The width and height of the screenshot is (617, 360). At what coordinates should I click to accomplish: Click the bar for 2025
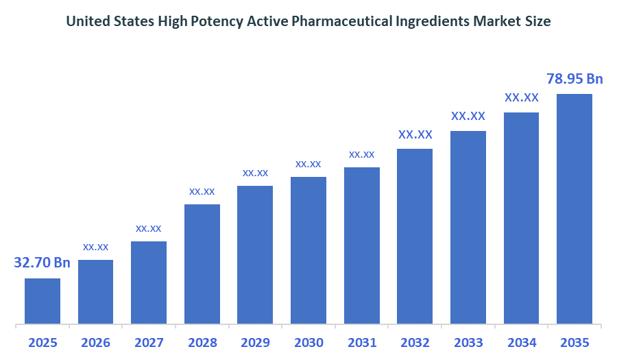point(43,300)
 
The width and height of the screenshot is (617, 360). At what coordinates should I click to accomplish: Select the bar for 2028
point(202,263)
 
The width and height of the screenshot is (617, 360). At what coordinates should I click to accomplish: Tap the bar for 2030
point(308,250)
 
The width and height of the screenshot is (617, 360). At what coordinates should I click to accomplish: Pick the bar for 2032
point(415,236)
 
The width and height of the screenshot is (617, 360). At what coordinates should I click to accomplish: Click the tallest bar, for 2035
point(574,208)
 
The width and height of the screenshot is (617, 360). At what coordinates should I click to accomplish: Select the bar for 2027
point(149,282)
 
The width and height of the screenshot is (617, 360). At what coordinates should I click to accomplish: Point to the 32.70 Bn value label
point(42,263)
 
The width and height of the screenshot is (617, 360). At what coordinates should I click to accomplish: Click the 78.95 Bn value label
point(574,79)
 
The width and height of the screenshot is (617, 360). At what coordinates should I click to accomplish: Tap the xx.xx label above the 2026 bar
point(96,246)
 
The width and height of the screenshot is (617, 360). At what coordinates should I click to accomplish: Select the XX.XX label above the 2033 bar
point(468,116)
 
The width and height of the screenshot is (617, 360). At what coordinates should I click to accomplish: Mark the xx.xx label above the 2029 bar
point(255,173)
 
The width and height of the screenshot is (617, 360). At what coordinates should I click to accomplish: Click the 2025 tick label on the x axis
point(43,342)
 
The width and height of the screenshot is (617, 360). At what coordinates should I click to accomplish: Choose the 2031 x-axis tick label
point(361,342)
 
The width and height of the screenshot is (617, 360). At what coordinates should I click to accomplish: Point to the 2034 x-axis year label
point(521,342)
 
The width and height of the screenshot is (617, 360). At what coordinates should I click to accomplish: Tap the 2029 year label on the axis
point(255,342)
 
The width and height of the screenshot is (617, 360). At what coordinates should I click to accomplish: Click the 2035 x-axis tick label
point(574,342)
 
